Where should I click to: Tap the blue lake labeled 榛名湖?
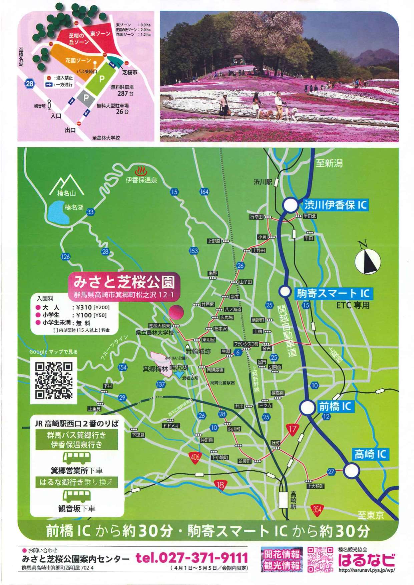point(59,213)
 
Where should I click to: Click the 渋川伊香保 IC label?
point(335,205)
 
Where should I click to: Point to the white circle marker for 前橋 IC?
point(307,407)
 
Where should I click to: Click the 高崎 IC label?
point(370,454)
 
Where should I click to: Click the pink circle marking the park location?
point(176,312)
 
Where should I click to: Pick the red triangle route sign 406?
point(195,457)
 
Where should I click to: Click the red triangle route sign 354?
point(317,509)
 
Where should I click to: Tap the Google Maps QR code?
point(54,381)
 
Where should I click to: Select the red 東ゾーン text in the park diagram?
point(100,34)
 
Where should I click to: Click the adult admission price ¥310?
point(84,307)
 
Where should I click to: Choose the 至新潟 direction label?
point(329,163)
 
